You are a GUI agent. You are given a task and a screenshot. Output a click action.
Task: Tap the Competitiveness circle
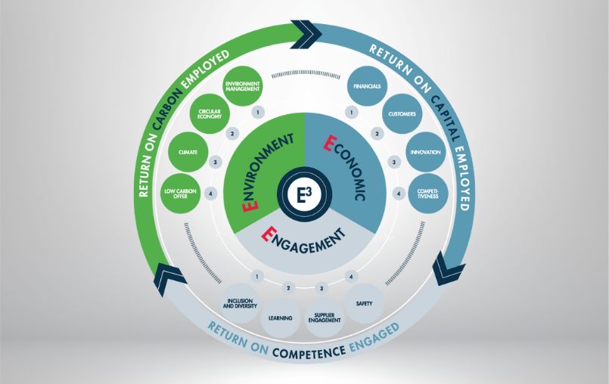point(427,193)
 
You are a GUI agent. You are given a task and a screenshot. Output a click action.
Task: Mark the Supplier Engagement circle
point(325,317)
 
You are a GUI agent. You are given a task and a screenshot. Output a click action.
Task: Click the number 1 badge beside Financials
point(351,113)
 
